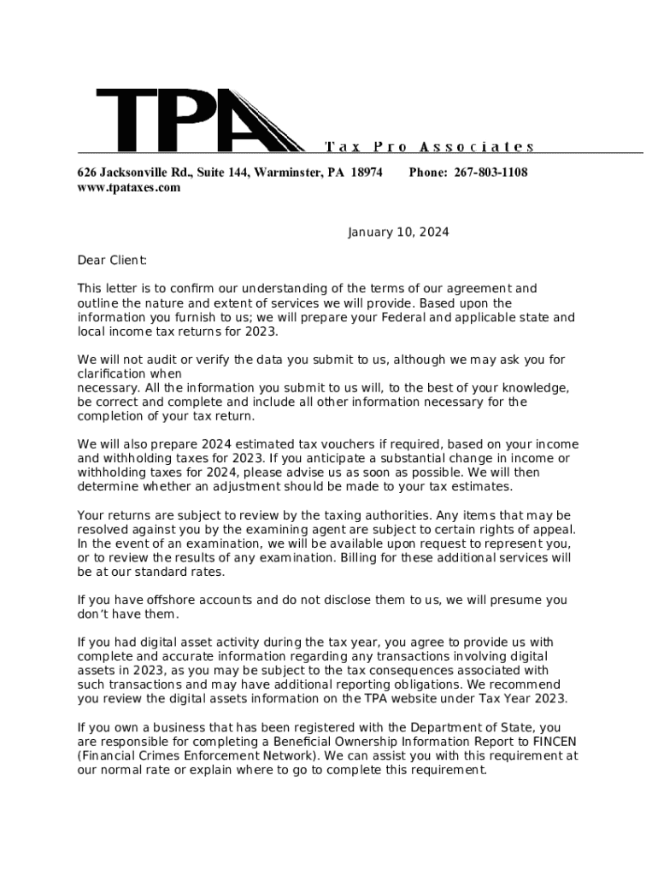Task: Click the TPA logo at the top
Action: [x=200, y=120]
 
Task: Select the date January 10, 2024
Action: [x=397, y=232]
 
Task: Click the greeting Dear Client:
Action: [x=112, y=260]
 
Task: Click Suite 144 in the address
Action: [x=223, y=173]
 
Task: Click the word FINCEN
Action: [x=555, y=741]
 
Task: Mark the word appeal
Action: [x=549, y=529]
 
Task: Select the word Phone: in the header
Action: [x=428, y=173]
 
